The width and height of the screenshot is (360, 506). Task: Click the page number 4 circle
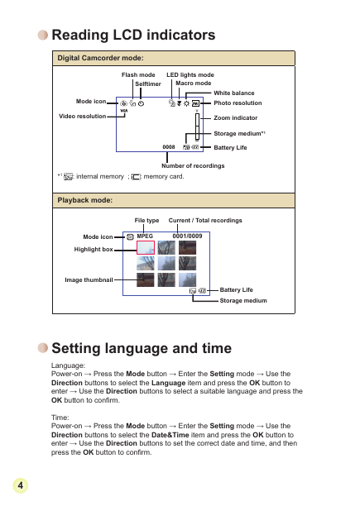click(x=21, y=485)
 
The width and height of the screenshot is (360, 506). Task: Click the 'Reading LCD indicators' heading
click(x=133, y=35)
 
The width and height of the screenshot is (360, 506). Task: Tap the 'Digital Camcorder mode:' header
click(x=100, y=58)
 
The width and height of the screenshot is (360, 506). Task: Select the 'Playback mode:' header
click(x=85, y=200)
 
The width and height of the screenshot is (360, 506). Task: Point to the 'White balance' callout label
click(x=234, y=93)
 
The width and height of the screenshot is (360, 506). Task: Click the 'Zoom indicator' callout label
click(x=235, y=117)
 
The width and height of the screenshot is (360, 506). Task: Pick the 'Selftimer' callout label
click(x=148, y=84)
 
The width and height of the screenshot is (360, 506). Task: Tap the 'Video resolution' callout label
click(x=82, y=117)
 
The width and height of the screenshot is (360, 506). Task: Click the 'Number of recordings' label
click(x=193, y=165)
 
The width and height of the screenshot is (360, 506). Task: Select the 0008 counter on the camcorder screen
click(x=169, y=147)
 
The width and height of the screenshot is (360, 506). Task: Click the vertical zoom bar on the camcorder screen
click(x=197, y=126)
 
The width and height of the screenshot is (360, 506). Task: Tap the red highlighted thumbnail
click(x=146, y=247)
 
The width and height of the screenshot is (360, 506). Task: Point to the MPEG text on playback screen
click(x=145, y=236)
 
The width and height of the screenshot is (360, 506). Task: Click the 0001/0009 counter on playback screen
click(x=187, y=236)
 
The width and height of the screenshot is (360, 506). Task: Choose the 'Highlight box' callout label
click(x=94, y=250)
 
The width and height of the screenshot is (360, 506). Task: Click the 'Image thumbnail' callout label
click(x=89, y=279)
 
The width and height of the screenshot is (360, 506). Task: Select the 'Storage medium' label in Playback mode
click(x=243, y=300)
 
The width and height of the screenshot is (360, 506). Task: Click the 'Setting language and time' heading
click(x=142, y=348)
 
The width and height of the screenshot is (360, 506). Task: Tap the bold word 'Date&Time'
click(x=170, y=435)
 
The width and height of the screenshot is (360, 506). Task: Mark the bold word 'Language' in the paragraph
click(x=169, y=383)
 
